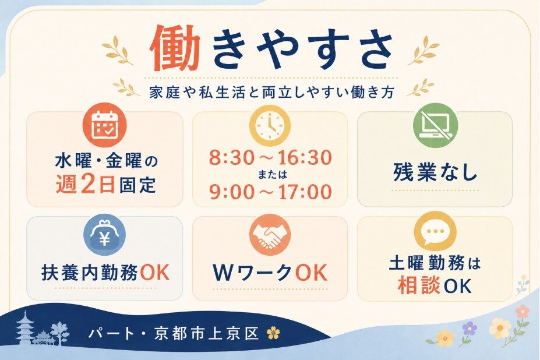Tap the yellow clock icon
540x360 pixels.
coord(270,125)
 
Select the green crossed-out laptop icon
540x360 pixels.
coord(435,125)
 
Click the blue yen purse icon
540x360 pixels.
coord(105,235)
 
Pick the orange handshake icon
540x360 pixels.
coord(270,235)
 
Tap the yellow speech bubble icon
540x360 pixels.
coord(435,231)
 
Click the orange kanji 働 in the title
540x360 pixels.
coord(176,48)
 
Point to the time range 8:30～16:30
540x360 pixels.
coord(270,158)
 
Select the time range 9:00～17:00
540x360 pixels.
coord(270,192)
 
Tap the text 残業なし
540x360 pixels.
coord(435,173)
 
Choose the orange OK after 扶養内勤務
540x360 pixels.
coord(155,273)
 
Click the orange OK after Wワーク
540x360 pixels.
coord(310,273)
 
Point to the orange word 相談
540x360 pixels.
coord(419,285)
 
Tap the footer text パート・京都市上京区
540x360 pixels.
coord(174,333)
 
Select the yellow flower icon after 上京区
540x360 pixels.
coord(274,333)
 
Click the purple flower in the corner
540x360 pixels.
coord(470,329)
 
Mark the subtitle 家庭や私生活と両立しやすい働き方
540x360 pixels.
coord(271,92)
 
